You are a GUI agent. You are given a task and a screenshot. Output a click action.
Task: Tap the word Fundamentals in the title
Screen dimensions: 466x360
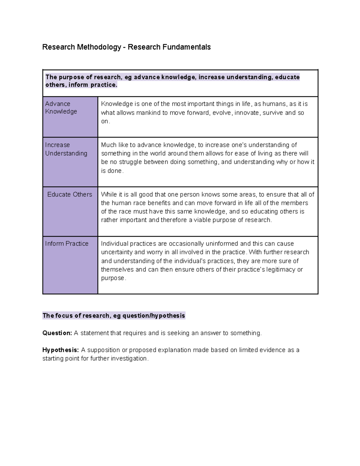coord(187,47)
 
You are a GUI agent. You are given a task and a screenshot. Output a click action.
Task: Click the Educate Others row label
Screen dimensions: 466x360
coord(70,194)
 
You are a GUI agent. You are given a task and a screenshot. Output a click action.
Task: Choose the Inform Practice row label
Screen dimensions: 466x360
coord(67,244)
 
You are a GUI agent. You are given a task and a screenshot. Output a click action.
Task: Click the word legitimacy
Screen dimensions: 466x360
coord(281,269)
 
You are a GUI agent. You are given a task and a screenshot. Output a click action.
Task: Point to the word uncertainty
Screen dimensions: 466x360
coord(117,252)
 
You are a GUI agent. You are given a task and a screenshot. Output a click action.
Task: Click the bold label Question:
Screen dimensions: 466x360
coord(57,333)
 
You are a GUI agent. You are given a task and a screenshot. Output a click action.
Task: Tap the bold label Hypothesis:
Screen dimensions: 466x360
coord(60,350)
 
